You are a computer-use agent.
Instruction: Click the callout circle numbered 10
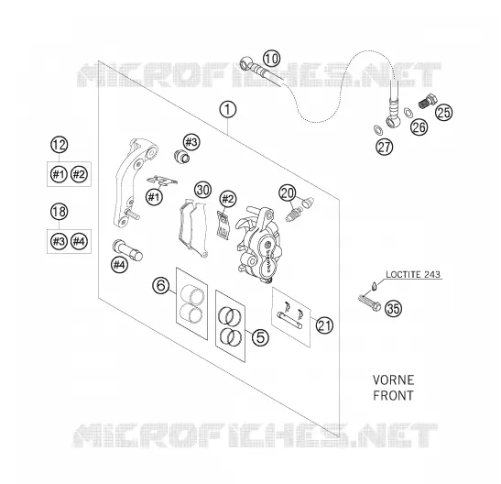pos(272,59)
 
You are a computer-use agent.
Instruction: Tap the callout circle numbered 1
pos(228,110)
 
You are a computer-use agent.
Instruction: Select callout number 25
pos(444,112)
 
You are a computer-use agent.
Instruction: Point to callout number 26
pos(419,126)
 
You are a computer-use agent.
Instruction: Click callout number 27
pos(385,147)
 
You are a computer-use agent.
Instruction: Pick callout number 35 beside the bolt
pos(393,309)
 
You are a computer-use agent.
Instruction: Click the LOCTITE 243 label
pos(413,274)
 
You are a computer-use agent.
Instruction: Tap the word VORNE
pos(393,380)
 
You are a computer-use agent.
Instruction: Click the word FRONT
pos(393,395)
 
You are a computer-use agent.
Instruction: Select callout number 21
pos(324,325)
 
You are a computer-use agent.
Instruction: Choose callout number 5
pos(260,337)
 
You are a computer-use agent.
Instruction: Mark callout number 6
pos(160,285)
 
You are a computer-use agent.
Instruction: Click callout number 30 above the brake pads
pos(203,190)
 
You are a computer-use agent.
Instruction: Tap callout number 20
pos(288,193)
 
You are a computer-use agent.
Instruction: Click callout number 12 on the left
pos(60,145)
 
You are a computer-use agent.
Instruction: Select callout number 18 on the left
pos(60,212)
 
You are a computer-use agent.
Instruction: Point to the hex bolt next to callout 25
pos(428,101)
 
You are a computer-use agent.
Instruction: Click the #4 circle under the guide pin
pos(119,265)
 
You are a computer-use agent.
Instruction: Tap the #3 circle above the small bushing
pos(191,141)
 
